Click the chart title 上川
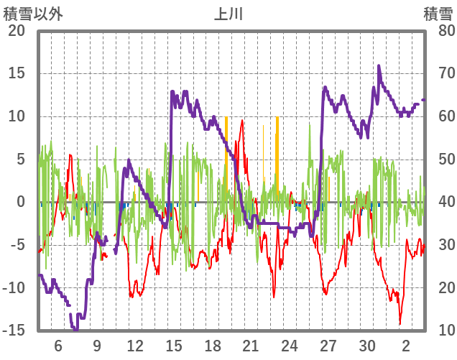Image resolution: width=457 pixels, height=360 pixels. (229, 13)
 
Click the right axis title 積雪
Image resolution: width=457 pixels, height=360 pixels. (438, 13)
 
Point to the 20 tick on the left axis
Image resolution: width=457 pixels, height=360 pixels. (17, 31)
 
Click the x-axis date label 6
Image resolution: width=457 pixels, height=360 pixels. (58, 345)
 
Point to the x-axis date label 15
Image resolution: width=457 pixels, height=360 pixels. (174, 345)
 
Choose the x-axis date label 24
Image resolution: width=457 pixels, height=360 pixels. (290, 345)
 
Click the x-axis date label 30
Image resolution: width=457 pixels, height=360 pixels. (367, 345)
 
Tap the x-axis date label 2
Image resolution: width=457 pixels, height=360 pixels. (406, 345)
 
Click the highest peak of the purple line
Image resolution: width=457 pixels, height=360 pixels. (379, 66)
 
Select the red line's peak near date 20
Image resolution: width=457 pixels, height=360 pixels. (241, 121)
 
